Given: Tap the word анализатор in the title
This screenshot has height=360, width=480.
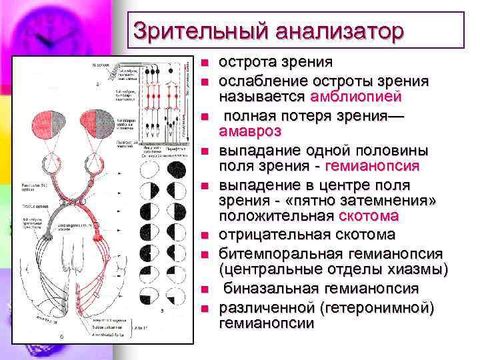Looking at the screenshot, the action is (339, 31).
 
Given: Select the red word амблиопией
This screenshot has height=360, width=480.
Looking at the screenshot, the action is (356, 97).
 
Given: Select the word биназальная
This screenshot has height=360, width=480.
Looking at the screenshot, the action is (275, 288).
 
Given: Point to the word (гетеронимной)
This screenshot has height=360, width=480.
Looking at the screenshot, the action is (376, 307).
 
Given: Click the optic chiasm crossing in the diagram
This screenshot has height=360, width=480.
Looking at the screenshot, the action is (75, 199).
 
